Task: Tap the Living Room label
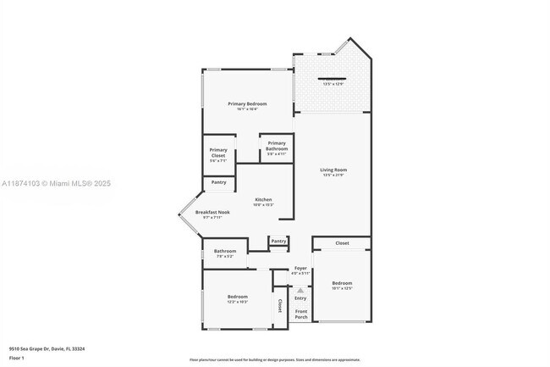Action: tap(333, 170)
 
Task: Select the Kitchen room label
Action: tap(263, 200)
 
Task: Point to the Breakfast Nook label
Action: tap(212, 212)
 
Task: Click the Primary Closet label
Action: tap(218, 153)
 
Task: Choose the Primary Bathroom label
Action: tap(277, 146)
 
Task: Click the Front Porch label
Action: tap(300, 314)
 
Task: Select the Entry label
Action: tap(300, 297)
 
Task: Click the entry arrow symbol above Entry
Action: tap(300, 289)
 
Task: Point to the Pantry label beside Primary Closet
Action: tap(218, 182)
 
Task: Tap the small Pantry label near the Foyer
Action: tap(278, 242)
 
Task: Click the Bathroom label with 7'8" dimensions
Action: tap(224, 251)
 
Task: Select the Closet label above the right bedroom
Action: tap(342, 243)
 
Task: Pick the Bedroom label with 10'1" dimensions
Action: tap(342, 283)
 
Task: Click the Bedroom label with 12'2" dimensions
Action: tap(237, 297)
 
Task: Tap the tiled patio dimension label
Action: tap(333, 83)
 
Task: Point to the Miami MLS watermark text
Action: tap(56, 184)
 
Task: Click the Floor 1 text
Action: tap(18, 358)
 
